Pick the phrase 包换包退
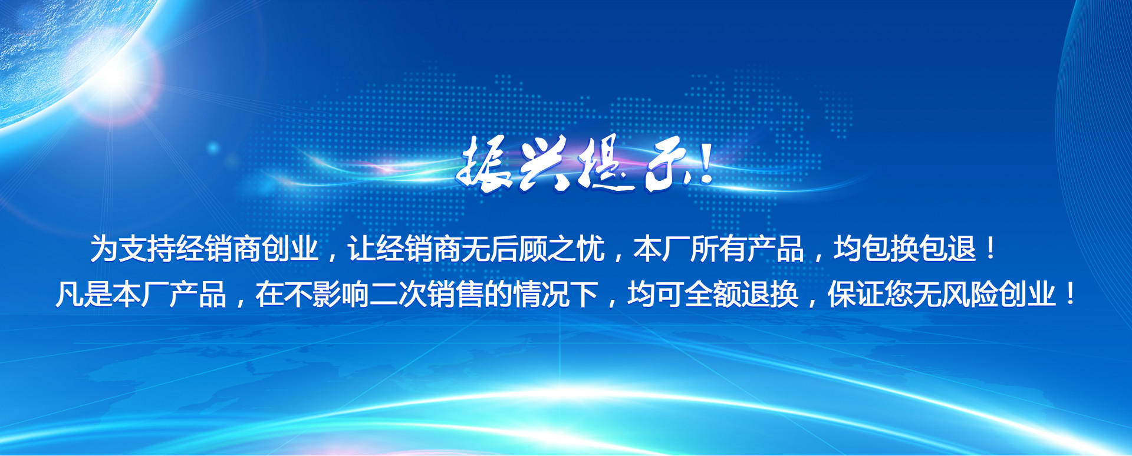[x=919, y=248]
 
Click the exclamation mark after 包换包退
[x=990, y=248]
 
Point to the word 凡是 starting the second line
[x=84, y=294]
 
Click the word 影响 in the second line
[x=340, y=294]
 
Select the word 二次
[x=397, y=294]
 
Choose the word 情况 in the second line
[x=541, y=294]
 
